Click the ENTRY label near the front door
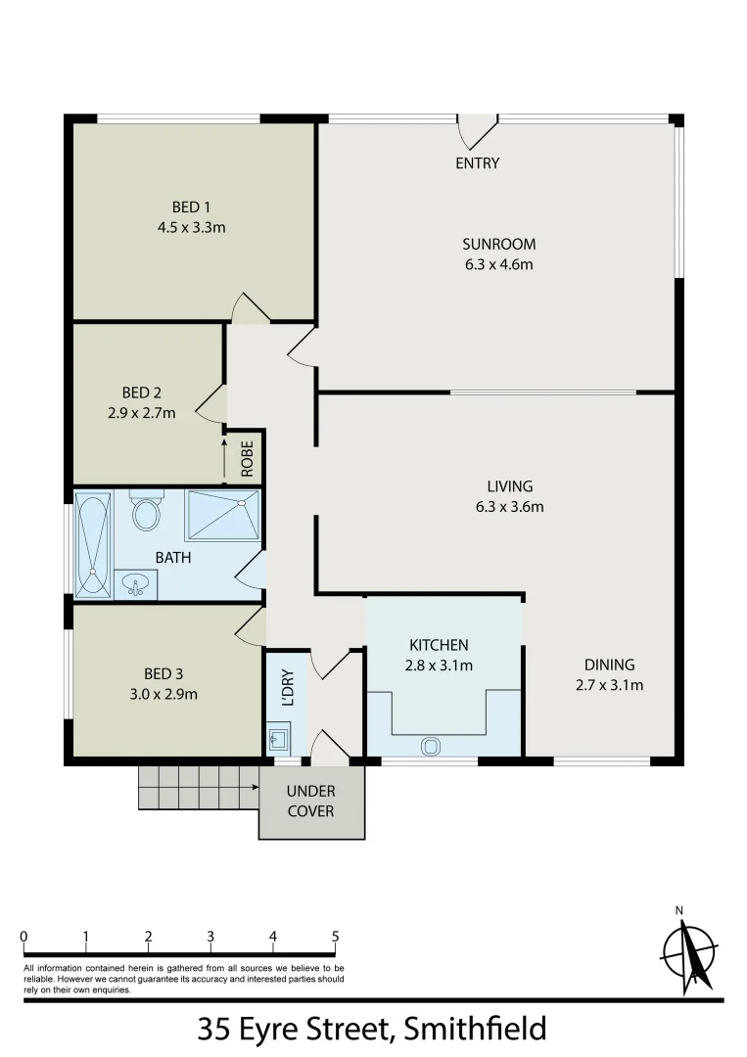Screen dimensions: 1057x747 click(477, 163)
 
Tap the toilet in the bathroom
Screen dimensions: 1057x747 click(146, 512)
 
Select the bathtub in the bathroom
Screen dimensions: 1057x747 click(94, 544)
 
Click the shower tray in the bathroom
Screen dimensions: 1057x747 click(223, 515)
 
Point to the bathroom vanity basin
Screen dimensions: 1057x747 click(133, 584)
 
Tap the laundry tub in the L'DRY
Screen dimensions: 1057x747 click(278, 737)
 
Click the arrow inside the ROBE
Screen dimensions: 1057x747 click(224, 458)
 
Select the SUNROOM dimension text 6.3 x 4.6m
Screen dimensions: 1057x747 click(498, 264)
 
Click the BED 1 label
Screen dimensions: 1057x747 click(192, 207)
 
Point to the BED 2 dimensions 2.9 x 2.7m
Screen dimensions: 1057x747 click(142, 413)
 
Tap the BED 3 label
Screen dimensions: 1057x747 click(163, 673)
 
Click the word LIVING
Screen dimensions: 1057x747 click(510, 486)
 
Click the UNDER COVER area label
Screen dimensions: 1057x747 click(311, 801)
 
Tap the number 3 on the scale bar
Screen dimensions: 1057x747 click(210, 937)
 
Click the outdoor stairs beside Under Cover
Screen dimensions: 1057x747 click(196, 787)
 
